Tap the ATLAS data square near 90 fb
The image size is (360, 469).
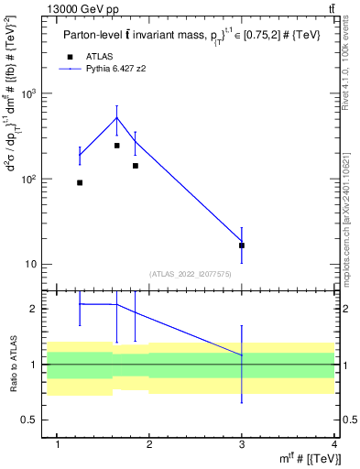tap(80, 182)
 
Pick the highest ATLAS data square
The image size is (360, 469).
tap(116, 146)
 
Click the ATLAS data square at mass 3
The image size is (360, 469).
tap(242, 245)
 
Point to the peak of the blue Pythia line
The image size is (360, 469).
tap(116, 117)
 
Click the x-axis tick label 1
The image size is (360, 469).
tap(58, 445)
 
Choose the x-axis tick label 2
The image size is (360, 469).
tap(149, 445)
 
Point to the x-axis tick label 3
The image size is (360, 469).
tap(242, 445)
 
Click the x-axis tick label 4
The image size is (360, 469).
tap(334, 445)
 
